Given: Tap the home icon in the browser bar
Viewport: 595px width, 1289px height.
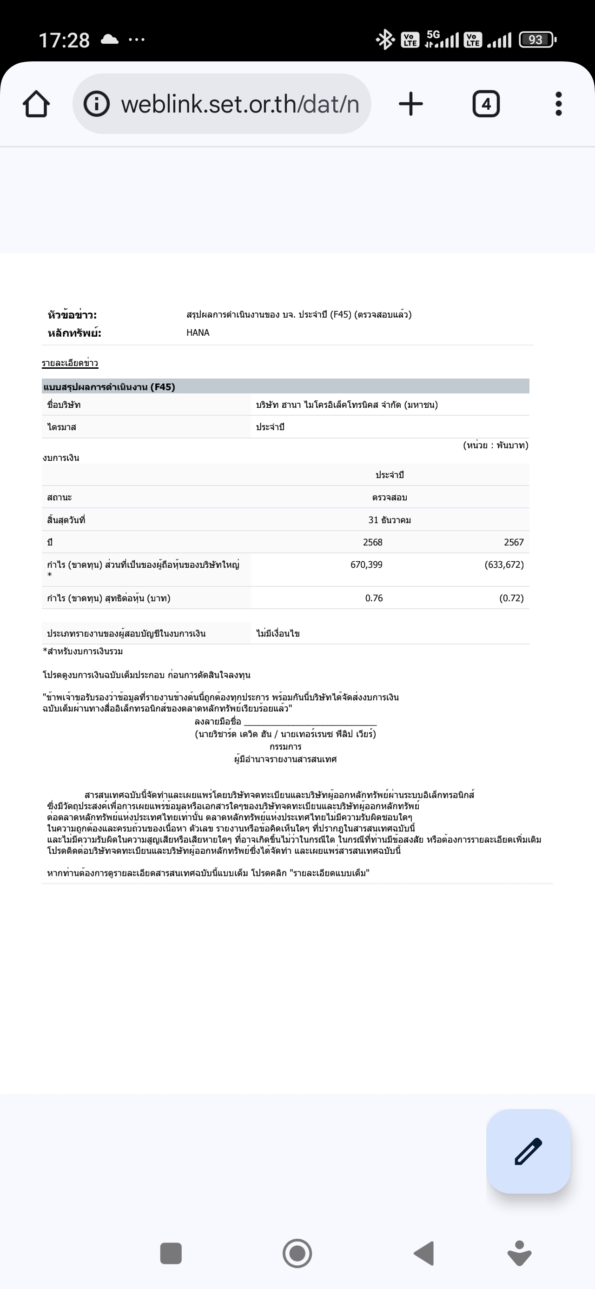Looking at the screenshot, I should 36,104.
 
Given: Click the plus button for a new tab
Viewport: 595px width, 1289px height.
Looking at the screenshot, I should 411,104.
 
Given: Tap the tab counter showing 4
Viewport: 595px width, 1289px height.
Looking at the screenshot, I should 486,104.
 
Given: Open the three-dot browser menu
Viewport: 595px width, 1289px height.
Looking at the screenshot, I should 558,104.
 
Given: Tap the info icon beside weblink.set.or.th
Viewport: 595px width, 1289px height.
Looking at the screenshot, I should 97,104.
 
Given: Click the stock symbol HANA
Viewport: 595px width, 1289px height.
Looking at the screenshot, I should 198,333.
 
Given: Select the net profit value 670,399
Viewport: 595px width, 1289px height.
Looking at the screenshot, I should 366,565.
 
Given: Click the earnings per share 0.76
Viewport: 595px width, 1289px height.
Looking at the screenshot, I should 374,598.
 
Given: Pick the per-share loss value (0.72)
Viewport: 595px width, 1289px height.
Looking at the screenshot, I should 511,598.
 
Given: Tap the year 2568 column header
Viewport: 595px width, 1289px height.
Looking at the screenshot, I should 373,542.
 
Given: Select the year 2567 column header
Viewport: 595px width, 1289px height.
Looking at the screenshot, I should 514,542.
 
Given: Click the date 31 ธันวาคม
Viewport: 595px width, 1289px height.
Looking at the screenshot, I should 390,520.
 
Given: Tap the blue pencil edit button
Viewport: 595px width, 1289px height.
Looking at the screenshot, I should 529,1151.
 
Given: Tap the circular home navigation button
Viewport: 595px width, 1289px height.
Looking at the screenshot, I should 297,1254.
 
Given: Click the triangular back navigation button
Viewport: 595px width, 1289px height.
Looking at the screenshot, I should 424,1254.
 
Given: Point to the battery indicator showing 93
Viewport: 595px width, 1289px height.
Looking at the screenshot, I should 536,40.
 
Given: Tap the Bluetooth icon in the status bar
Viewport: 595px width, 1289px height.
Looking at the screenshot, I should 385,40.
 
